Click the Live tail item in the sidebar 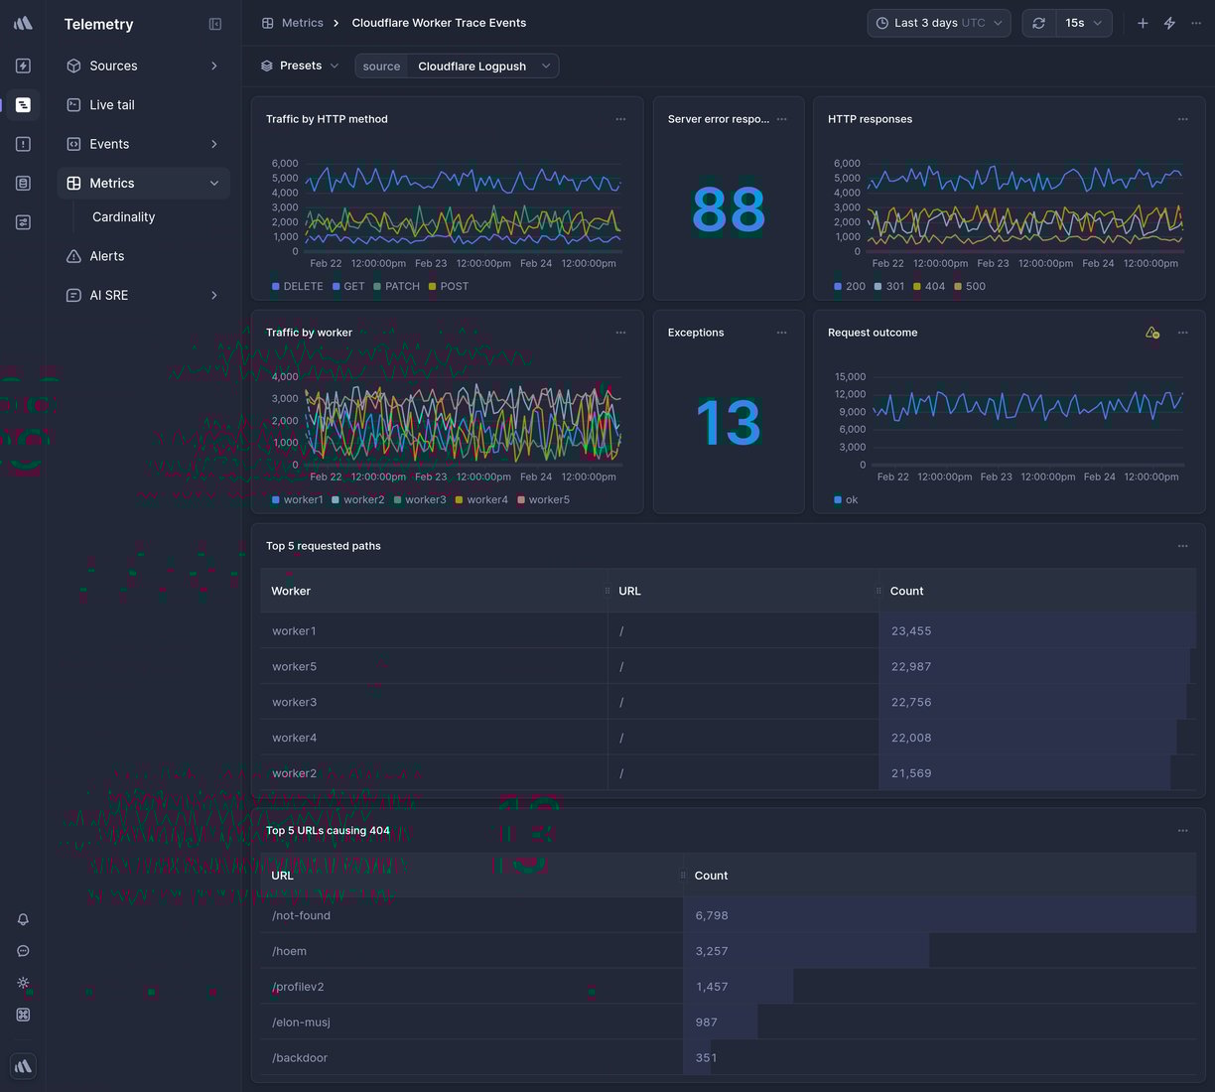111,105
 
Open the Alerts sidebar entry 106,256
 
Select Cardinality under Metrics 123,217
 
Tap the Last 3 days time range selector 938,23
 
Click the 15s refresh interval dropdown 1083,23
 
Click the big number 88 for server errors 729,210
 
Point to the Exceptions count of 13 729,423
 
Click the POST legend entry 454,287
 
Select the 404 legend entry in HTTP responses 934,287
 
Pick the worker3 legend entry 425,500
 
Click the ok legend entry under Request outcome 851,500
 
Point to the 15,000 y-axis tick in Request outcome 850,377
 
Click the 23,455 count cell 911,631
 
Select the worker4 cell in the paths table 295,739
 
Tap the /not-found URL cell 302,916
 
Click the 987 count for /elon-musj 706,1023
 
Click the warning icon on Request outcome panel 1151,333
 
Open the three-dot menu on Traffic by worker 620,333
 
